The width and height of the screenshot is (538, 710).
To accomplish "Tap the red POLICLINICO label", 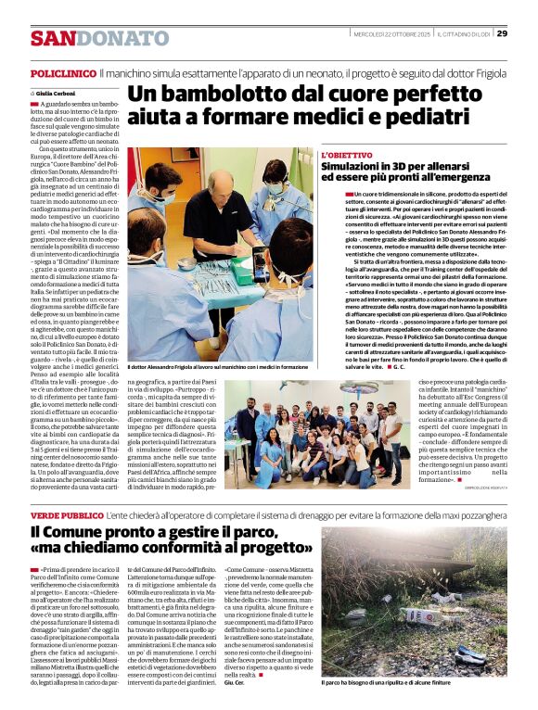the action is click(x=63, y=71).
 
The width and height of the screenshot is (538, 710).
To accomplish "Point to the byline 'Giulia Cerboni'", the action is click(x=58, y=94).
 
